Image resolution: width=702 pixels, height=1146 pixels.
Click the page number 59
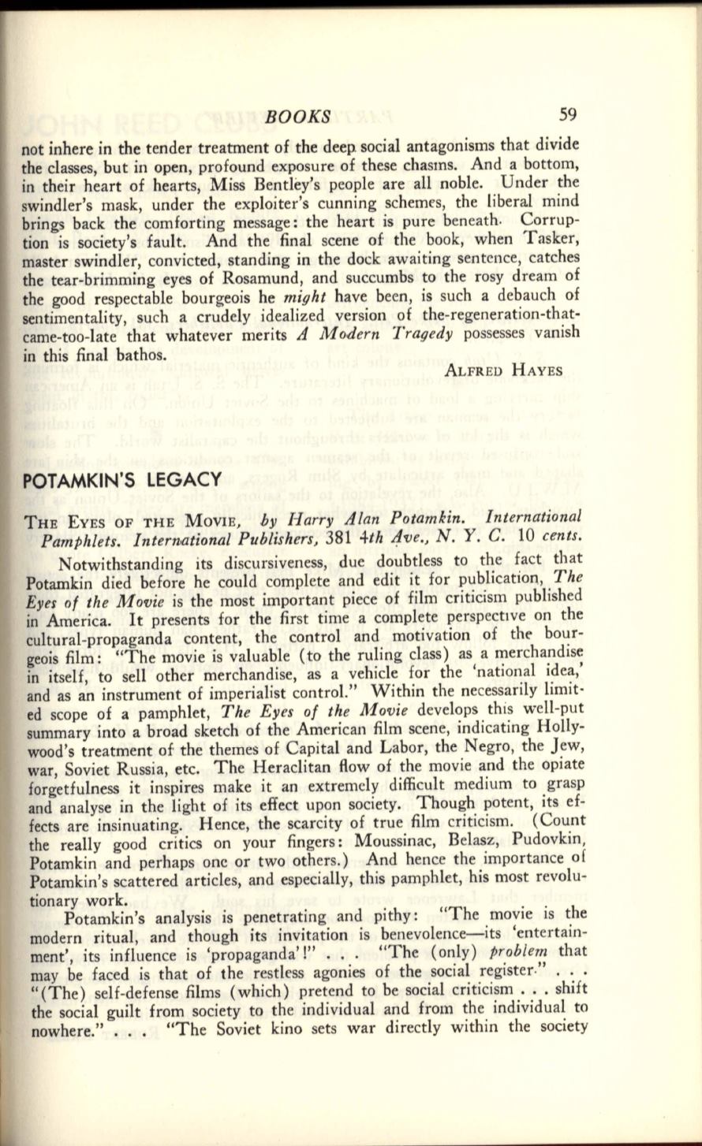pos(568,114)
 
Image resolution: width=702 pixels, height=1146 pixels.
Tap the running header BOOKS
pos(299,117)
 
